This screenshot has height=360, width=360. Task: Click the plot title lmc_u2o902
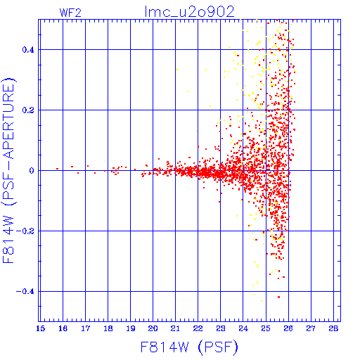190,12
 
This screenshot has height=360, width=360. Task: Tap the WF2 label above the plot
70,13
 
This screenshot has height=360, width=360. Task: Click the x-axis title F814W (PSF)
189,347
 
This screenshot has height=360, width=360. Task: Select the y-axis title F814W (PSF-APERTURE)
8,171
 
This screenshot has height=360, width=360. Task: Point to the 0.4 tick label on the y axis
28,50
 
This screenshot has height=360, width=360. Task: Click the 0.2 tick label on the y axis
28,110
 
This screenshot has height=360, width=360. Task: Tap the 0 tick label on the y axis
32,171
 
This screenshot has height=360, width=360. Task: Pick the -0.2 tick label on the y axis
25,231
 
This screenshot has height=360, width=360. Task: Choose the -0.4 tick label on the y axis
25,292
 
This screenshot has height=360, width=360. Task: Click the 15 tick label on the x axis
40,328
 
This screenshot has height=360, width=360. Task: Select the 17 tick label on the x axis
86,328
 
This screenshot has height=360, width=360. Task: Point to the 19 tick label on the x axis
131,328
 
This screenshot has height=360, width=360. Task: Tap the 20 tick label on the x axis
153,328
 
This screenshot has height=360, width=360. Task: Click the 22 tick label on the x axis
198,328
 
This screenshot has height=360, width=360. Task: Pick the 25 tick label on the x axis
266,328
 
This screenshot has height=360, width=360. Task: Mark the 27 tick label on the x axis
311,328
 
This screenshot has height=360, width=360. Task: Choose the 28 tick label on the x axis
333,328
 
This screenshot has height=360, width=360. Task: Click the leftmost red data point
57,169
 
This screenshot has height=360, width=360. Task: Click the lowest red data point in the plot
278,297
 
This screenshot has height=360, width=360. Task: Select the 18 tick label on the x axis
108,328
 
